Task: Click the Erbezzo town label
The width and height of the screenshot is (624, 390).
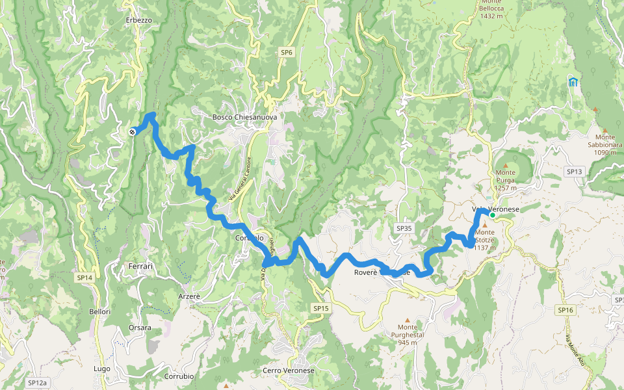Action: [139, 20]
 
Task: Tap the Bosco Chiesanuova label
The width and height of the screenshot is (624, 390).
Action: [244, 118]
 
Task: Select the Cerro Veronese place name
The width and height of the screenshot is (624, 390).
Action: [289, 370]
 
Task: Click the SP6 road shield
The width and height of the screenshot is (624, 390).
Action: [287, 52]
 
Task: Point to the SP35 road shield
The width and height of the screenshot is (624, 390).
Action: [404, 228]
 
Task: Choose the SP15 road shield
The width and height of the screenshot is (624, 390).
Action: [320, 308]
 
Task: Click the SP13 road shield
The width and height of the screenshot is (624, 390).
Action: [575, 172]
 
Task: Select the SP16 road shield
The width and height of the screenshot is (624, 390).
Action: [565, 311]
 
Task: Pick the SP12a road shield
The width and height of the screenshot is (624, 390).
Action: [38, 383]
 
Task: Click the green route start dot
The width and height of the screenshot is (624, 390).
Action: [493, 215]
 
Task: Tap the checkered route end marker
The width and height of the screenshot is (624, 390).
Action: [133, 132]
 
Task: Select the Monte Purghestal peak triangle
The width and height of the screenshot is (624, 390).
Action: [408, 320]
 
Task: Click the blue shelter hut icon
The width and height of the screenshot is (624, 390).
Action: [573, 82]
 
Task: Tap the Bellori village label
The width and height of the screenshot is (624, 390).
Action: [100, 312]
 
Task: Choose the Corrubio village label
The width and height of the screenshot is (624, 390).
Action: [179, 376]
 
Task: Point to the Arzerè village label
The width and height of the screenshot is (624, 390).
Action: [189, 296]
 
